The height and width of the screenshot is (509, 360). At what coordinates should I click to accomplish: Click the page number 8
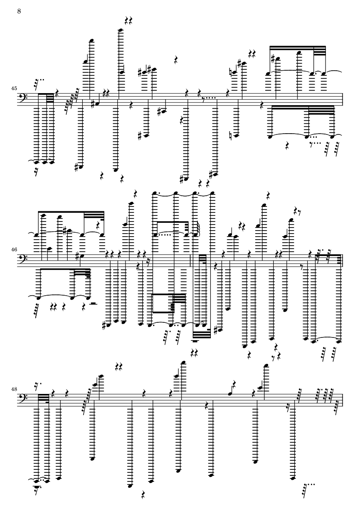pos(19,11)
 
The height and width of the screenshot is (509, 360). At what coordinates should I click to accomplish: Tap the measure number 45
pos(14,88)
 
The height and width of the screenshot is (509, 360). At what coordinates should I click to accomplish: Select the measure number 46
pos(14,250)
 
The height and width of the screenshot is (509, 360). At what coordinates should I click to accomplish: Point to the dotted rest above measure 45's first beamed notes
pos(38,83)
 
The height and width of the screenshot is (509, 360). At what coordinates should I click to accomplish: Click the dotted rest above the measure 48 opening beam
pos(37,386)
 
